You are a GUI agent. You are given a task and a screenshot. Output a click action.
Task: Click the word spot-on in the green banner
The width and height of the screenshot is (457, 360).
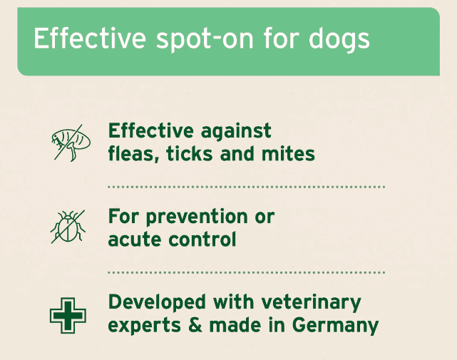click(x=205, y=40)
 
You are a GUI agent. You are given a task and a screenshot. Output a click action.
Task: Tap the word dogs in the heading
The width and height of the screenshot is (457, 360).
click(x=339, y=40)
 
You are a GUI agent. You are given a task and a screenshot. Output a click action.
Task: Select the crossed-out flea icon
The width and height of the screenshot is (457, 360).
click(x=71, y=143)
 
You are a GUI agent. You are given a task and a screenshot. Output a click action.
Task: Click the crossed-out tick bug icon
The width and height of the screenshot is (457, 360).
click(x=68, y=227)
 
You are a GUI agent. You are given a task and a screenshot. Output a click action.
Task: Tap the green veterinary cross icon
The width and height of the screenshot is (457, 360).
click(x=68, y=315)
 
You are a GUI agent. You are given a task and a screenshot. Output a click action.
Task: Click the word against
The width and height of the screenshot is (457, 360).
click(x=237, y=131)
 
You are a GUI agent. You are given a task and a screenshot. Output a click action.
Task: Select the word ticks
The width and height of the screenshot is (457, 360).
click(x=190, y=154)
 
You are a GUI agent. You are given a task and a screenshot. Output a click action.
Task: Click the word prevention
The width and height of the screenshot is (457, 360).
click(x=197, y=217)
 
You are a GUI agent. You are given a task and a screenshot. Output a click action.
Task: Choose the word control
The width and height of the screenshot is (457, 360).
click(x=202, y=240)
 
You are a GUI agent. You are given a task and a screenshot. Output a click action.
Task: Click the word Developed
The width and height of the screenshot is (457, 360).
click(x=157, y=303)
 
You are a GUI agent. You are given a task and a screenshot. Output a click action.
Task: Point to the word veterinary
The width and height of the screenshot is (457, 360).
click(x=312, y=303)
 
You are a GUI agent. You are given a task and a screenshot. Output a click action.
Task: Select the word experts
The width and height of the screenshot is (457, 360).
click(x=145, y=326)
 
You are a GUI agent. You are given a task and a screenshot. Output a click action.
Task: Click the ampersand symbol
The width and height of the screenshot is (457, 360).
click(x=195, y=325)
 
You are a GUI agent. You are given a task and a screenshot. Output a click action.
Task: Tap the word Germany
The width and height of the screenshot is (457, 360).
click(x=335, y=326)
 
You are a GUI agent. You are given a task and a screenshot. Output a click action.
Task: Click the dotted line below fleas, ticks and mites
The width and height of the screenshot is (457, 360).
click(x=246, y=187)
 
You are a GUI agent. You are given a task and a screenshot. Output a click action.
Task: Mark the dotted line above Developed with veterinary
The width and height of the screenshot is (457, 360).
click(x=246, y=272)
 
